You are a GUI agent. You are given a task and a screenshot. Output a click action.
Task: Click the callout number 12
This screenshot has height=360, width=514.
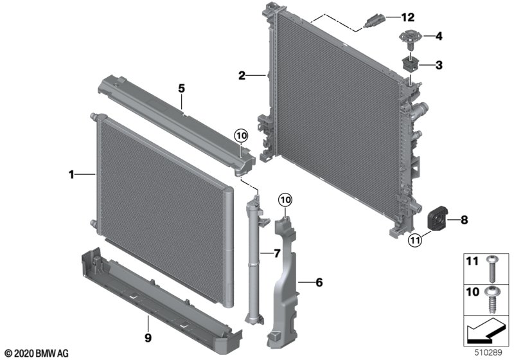[408, 17]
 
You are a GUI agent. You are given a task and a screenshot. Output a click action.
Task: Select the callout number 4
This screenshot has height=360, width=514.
[439, 36]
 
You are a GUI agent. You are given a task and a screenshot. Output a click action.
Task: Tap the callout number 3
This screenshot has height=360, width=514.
[439, 65]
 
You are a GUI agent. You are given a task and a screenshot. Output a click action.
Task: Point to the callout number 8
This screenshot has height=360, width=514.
[464, 220]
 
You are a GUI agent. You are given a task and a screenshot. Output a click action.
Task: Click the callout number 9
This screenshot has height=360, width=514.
[148, 337]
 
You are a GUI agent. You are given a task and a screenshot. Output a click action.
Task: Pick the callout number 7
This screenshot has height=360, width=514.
[277, 253]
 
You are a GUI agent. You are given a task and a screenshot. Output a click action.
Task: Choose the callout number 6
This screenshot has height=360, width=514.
[319, 282]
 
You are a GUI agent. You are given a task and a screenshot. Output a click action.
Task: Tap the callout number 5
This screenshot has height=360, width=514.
[181, 88]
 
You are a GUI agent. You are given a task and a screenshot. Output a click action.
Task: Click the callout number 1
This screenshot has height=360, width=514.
[71, 174]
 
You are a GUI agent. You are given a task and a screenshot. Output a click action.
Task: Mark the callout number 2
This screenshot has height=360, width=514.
[242, 76]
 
